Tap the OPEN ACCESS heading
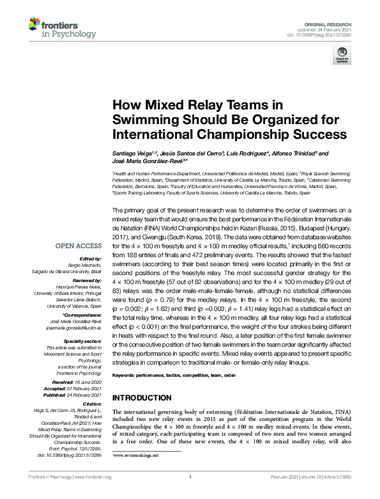tap(77, 246)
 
